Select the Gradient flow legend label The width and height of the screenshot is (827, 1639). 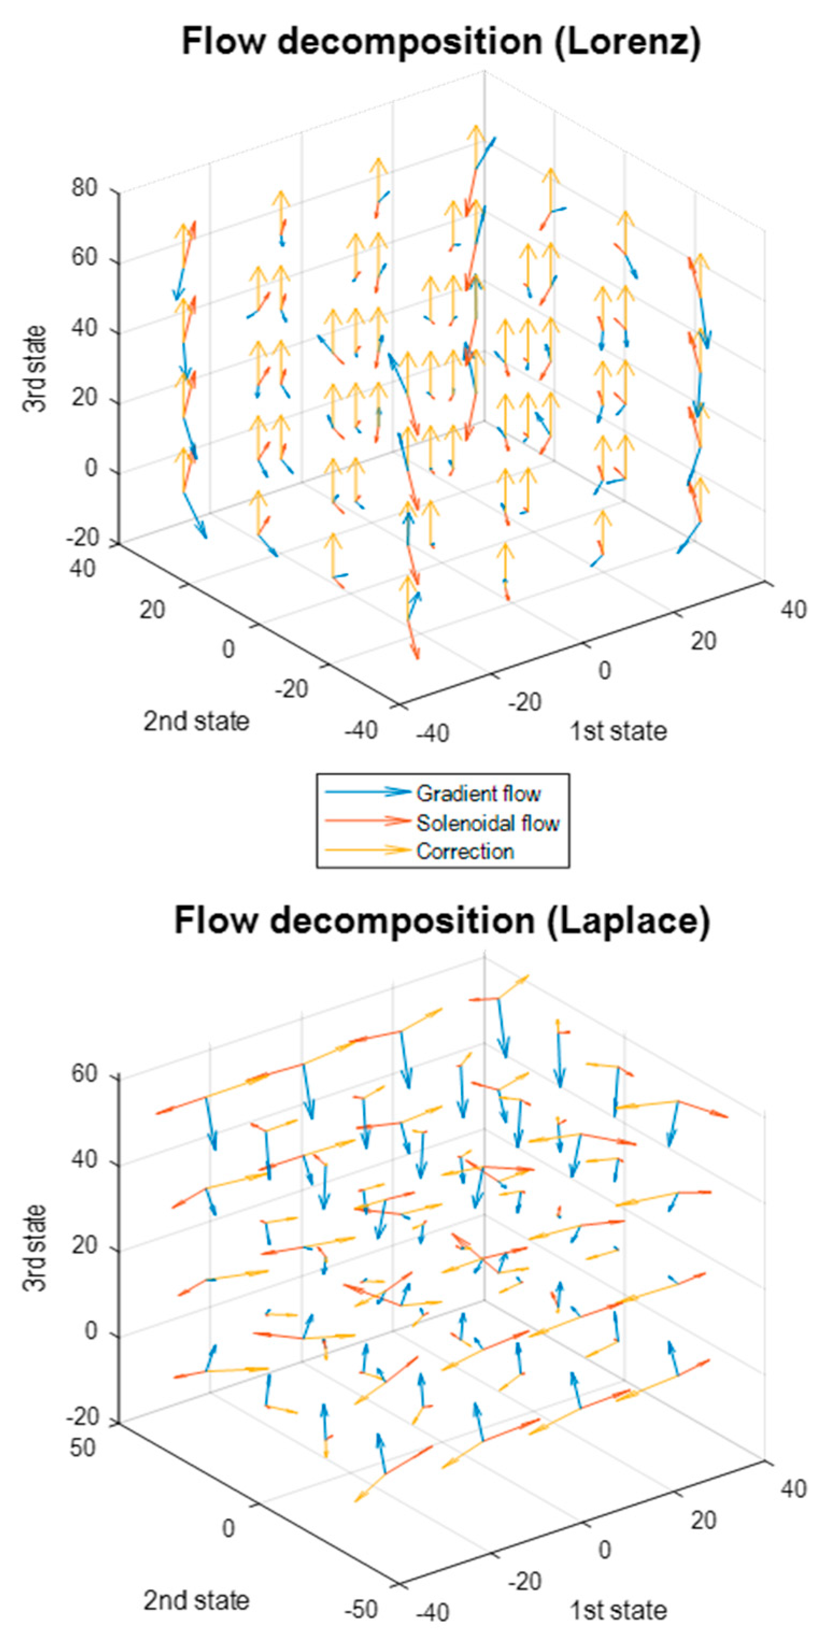tap(478, 794)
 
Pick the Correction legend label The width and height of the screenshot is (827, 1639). tap(465, 851)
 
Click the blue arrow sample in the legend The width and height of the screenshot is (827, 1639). tap(368, 792)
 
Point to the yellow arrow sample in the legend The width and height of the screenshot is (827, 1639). tap(368, 850)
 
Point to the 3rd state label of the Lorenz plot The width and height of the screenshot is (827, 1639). tap(36, 368)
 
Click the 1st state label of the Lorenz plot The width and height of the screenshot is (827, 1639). tap(617, 731)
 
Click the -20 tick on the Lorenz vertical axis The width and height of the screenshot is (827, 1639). tap(82, 538)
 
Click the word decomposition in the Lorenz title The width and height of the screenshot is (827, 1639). tap(409, 42)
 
